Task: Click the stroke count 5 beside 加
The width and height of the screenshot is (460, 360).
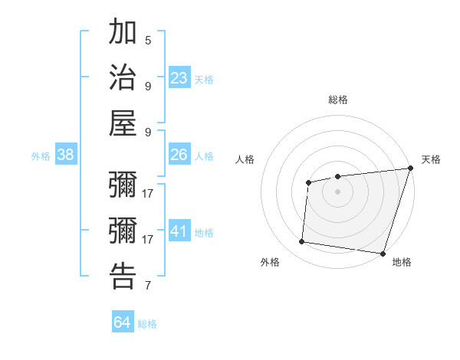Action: pos(148,41)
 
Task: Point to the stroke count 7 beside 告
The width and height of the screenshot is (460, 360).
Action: pos(148,286)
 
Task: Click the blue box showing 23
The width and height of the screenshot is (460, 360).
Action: pos(179,77)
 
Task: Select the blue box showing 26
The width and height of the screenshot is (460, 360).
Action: pos(179,155)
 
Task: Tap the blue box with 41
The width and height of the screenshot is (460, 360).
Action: pos(179,231)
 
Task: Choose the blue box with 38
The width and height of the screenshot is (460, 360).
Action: pos(66,155)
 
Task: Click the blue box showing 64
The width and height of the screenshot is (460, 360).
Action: pos(123,322)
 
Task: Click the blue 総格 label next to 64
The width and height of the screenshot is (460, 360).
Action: pos(147,324)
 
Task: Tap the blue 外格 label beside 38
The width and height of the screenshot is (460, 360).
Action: pos(41,156)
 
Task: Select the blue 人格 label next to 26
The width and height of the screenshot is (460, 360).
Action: pos(204,156)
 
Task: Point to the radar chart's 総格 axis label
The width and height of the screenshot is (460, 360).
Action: pos(338,100)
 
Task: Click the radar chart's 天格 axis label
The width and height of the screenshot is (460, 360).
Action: pos(431,159)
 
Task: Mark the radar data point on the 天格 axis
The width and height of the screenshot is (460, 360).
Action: pos(410,169)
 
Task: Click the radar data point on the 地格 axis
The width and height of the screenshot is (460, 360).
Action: pos(383,254)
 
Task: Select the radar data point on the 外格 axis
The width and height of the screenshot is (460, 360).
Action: pos(302,242)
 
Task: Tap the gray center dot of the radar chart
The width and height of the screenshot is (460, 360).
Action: pos(337,191)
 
